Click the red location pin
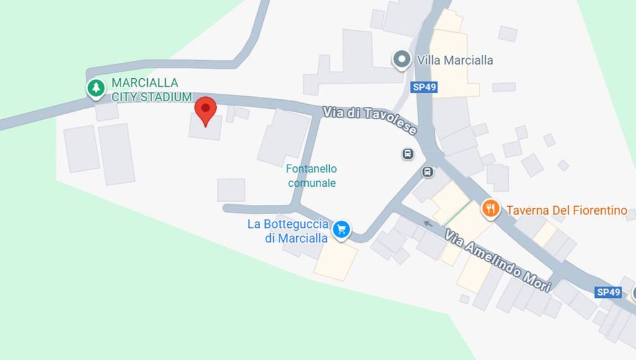pyautogui.click(x=206, y=110)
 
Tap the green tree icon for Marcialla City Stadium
pyautogui.click(x=95, y=88)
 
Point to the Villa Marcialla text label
pyautogui.click(x=455, y=60)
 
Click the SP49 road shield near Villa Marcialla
pyautogui.click(x=424, y=87)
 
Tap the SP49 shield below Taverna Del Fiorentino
pyautogui.click(x=608, y=292)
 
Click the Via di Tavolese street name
pyautogui.click(x=370, y=120)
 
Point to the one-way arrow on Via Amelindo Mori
pyautogui.click(x=428, y=223)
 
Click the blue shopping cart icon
pyautogui.click(x=340, y=230)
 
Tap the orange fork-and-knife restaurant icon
pyautogui.click(x=491, y=209)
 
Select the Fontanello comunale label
pyautogui.click(x=312, y=176)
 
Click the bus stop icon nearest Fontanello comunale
pyautogui.click(x=407, y=153)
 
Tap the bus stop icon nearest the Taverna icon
pyautogui.click(x=428, y=172)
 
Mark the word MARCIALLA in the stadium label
pyautogui.click(x=145, y=83)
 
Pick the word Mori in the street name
pyautogui.click(x=536, y=280)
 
